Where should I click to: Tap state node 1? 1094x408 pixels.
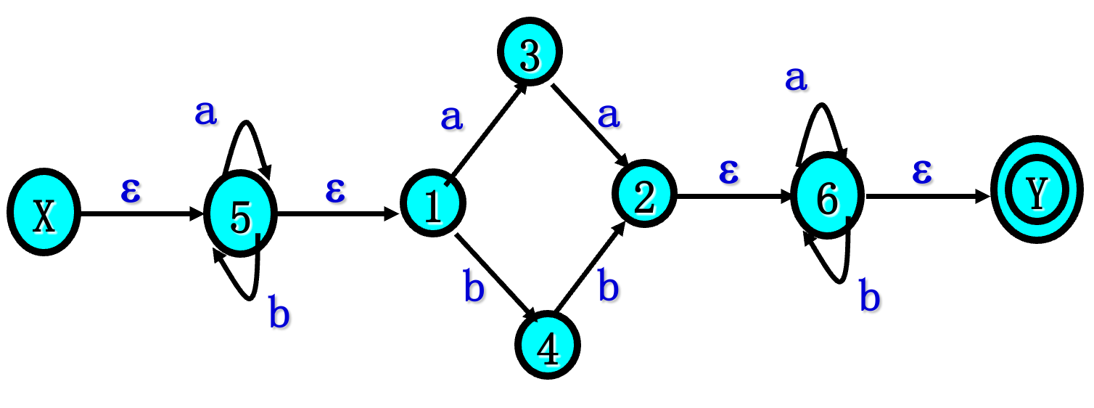433,205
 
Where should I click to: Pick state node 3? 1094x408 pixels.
530,56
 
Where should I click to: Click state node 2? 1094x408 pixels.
644,196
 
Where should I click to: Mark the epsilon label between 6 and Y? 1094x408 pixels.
921,173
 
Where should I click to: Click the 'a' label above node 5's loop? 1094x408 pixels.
206,113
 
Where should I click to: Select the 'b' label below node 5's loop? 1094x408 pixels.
279,314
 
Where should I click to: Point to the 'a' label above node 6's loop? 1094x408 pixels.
796,78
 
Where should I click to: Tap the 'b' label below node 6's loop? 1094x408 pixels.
870,297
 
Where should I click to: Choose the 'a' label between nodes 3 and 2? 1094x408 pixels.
608,115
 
